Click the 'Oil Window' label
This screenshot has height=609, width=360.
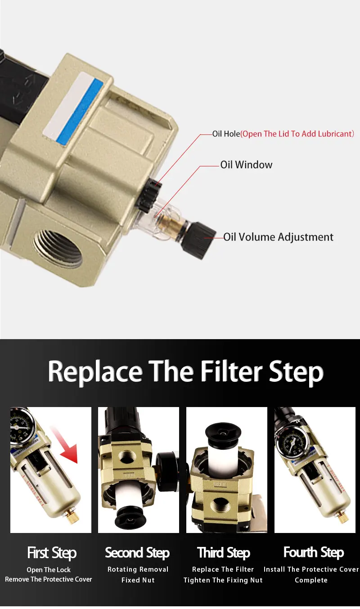pos(246,165)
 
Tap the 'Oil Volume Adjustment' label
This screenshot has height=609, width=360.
pos(278,237)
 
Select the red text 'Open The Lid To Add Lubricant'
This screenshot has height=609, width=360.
pos(297,134)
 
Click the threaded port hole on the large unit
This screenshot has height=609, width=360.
pos(58,248)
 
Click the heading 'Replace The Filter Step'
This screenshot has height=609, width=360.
pos(185,372)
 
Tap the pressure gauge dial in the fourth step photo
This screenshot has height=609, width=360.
pos(292,441)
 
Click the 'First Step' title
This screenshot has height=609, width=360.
pos(52,553)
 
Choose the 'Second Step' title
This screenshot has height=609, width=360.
pos(137,553)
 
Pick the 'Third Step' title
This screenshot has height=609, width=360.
pos(224,553)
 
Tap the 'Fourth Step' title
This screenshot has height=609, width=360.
pos(314,552)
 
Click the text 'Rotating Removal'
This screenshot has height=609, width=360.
pos(138,569)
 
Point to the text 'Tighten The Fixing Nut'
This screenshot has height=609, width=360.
pos(223,580)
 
